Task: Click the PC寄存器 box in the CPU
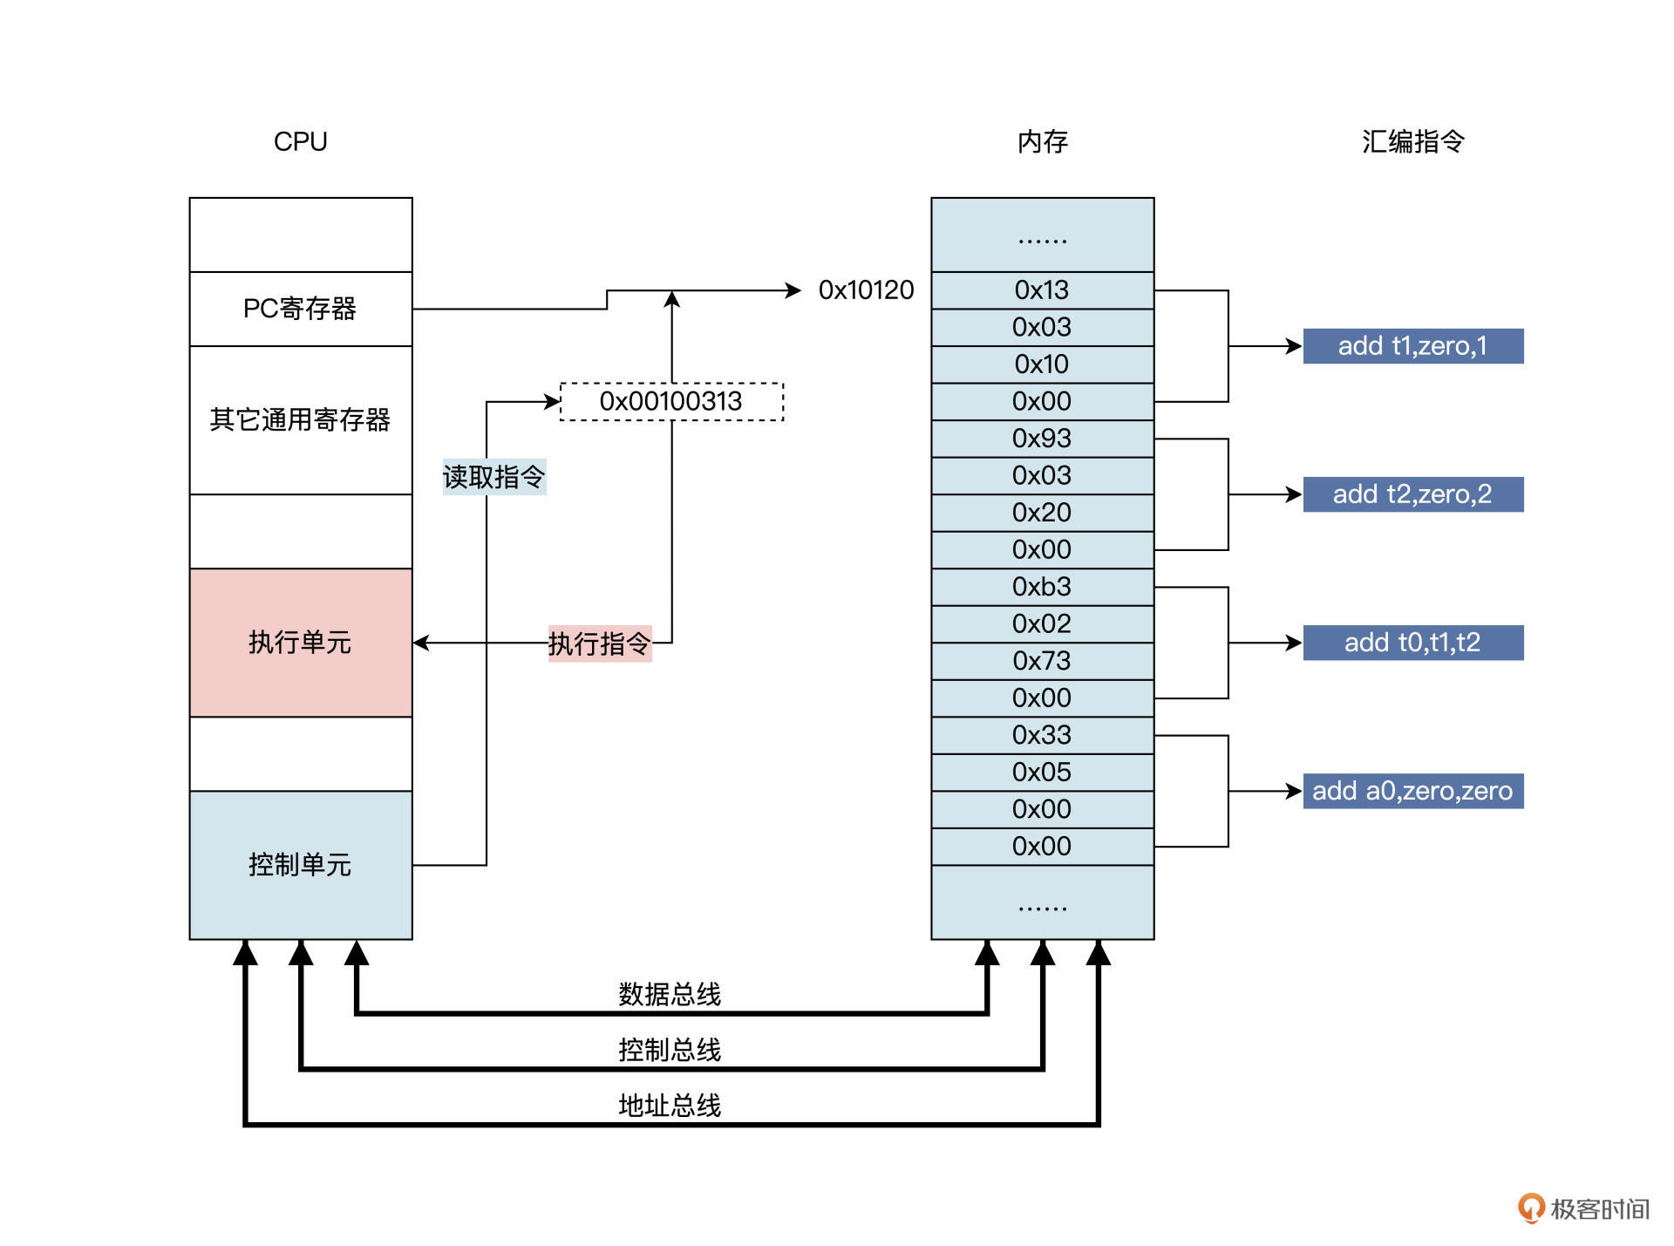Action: click(300, 309)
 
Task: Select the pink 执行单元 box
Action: click(300, 643)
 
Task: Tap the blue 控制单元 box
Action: click(300, 864)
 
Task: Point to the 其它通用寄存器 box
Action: click(300, 419)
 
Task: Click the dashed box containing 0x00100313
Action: click(670, 401)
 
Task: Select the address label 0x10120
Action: click(866, 290)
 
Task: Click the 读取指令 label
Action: click(493, 477)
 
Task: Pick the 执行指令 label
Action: click(599, 643)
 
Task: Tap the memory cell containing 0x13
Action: click(1042, 290)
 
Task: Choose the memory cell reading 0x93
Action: click(1042, 439)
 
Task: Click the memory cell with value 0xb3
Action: click(1042, 587)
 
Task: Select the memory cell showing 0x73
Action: click(1042, 661)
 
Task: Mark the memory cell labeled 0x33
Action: click(1042, 735)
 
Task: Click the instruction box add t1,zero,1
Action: click(1412, 346)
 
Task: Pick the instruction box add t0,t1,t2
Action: click(1412, 643)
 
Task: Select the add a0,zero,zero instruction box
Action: click(1412, 791)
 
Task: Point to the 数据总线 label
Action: click(670, 994)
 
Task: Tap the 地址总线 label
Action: click(670, 1106)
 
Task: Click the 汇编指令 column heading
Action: click(1412, 141)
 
